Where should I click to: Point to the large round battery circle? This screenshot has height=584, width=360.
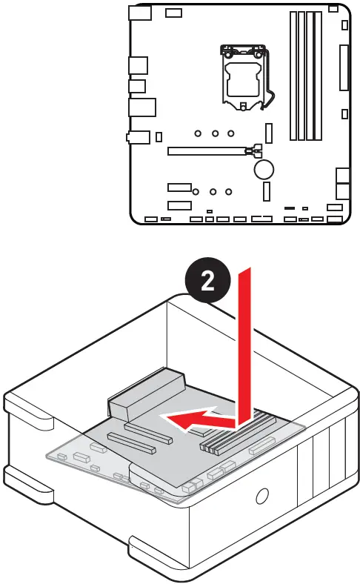pyautogui.click(x=265, y=170)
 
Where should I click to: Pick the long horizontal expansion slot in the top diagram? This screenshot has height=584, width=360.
pyautogui.click(x=207, y=151)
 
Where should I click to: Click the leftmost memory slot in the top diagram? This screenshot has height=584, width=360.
pyautogui.click(x=293, y=76)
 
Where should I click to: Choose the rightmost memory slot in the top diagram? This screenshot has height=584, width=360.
pyautogui.click(x=319, y=76)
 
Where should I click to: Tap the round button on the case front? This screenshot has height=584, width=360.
pyautogui.click(x=261, y=495)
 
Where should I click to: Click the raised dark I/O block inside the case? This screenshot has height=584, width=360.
pyautogui.click(x=147, y=396)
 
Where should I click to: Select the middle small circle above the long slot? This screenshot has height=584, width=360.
pyautogui.click(x=215, y=134)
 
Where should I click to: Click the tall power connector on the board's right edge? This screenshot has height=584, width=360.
pyautogui.click(x=344, y=67)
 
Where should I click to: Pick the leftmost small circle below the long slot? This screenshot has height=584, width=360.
pyautogui.click(x=196, y=190)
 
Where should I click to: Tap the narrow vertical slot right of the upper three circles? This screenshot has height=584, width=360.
pyautogui.click(x=269, y=133)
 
